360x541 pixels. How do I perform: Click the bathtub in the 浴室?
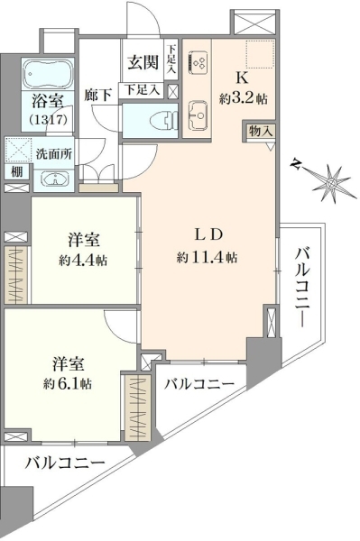tap(48, 75)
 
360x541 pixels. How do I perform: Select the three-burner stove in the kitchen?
tap(198, 62)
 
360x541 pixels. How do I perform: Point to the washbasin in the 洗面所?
tap(54, 179)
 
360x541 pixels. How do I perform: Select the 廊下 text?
tap(98, 96)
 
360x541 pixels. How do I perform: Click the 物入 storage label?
tap(261, 131)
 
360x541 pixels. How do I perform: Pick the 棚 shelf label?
tap(16, 171)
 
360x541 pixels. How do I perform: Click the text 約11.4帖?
tap(207, 257)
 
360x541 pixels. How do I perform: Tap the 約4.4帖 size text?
tap(83, 260)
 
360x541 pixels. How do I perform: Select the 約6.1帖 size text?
tap(68, 383)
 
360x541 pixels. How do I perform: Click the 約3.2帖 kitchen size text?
tap(243, 99)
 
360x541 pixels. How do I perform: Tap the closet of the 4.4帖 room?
tap(16, 275)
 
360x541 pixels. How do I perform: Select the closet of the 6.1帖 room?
tap(137, 408)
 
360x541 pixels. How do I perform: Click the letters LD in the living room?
tap(208, 234)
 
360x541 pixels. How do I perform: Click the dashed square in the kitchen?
tap(260, 54)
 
